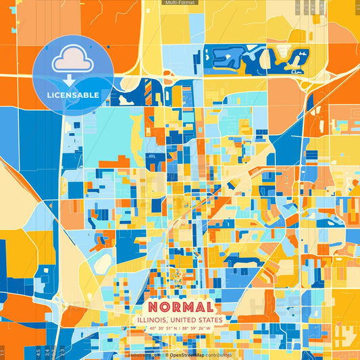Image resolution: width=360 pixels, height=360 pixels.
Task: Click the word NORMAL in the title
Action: [180, 306]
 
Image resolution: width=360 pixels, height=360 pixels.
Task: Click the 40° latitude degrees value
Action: [153, 328]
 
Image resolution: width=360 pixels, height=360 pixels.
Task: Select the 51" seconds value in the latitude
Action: [170, 328]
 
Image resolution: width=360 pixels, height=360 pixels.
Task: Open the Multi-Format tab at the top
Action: [180, 3]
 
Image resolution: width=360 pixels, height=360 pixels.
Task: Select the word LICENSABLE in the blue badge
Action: [73, 95]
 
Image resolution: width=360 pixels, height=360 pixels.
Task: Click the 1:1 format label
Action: [4, 352]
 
